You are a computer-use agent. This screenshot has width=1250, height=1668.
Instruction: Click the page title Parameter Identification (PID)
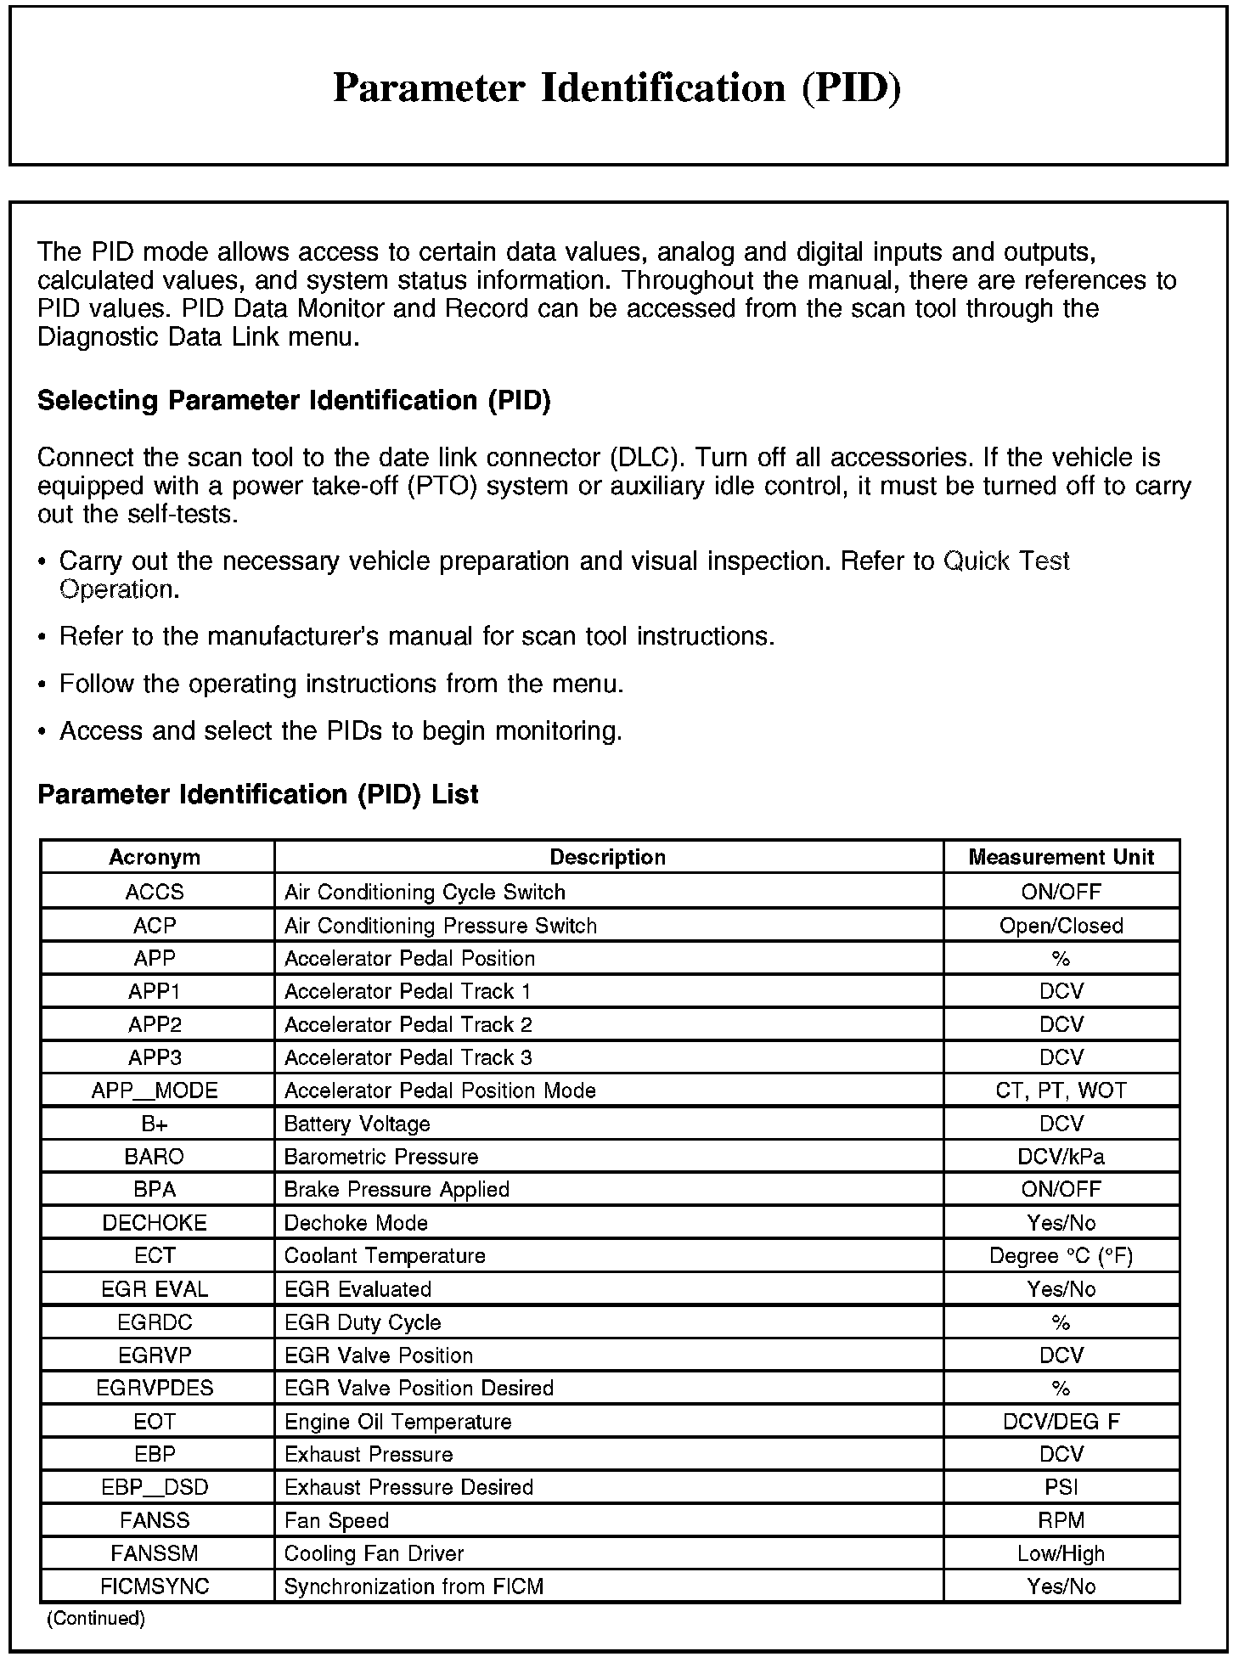click(x=617, y=88)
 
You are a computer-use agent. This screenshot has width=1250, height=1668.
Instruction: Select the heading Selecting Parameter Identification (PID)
click(x=294, y=401)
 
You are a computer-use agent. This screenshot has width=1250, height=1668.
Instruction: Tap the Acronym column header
click(x=155, y=857)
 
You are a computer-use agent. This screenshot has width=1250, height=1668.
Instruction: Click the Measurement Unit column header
click(x=1061, y=857)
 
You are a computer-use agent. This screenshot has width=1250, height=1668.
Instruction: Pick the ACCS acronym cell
click(x=155, y=892)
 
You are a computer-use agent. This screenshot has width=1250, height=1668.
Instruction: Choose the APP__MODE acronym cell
click(x=155, y=1090)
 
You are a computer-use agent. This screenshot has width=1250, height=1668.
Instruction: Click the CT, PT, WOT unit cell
click(x=1061, y=1090)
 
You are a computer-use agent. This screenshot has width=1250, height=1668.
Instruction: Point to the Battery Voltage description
click(x=357, y=1124)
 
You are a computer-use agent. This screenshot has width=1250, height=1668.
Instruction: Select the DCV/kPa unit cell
click(x=1061, y=1157)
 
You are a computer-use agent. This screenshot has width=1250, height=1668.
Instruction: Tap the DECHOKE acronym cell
click(x=155, y=1223)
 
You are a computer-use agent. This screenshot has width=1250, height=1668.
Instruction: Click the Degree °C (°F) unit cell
click(x=1061, y=1256)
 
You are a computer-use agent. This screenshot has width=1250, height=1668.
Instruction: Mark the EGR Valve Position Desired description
click(x=419, y=1389)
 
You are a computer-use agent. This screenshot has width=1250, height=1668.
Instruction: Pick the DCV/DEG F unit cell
click(x=1061, y=1422)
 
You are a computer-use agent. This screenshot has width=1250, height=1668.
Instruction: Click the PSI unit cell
click(x=1061, y=1488)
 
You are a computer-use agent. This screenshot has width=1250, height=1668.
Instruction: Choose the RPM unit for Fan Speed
click(x=1061, y=1521)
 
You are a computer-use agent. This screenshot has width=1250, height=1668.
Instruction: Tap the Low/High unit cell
click(x=1061, y=1554)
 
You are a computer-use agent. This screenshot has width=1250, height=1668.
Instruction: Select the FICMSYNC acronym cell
click(x=155, y=1587)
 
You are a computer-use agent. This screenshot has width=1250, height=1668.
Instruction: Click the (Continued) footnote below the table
click(x=96, y=1619)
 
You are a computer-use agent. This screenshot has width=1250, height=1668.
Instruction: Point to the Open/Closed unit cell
click(x=1061, y=926)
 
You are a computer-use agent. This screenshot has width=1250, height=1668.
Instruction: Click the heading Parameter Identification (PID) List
click(x=258, y=795)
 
